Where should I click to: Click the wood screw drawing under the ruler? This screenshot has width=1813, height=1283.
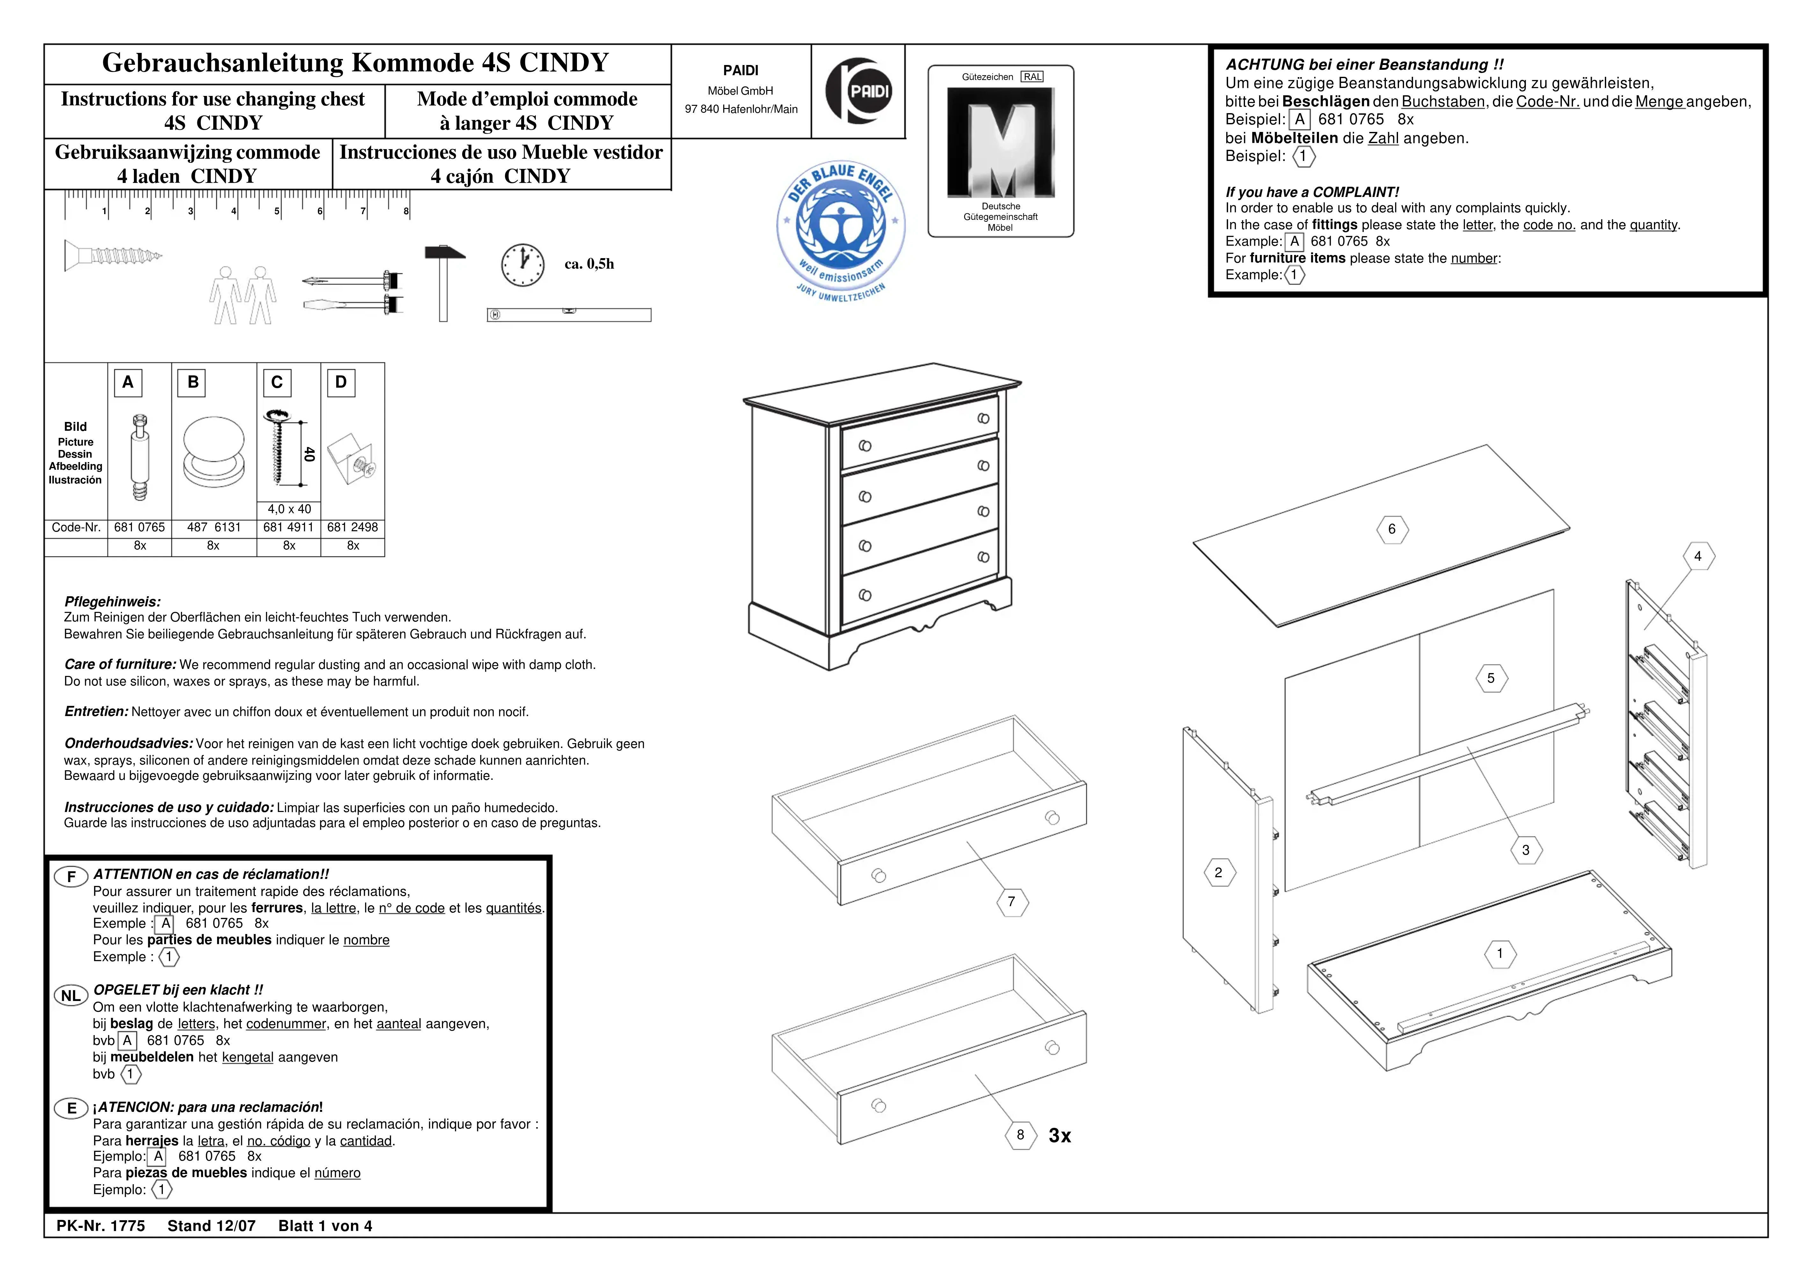point(112,255)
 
